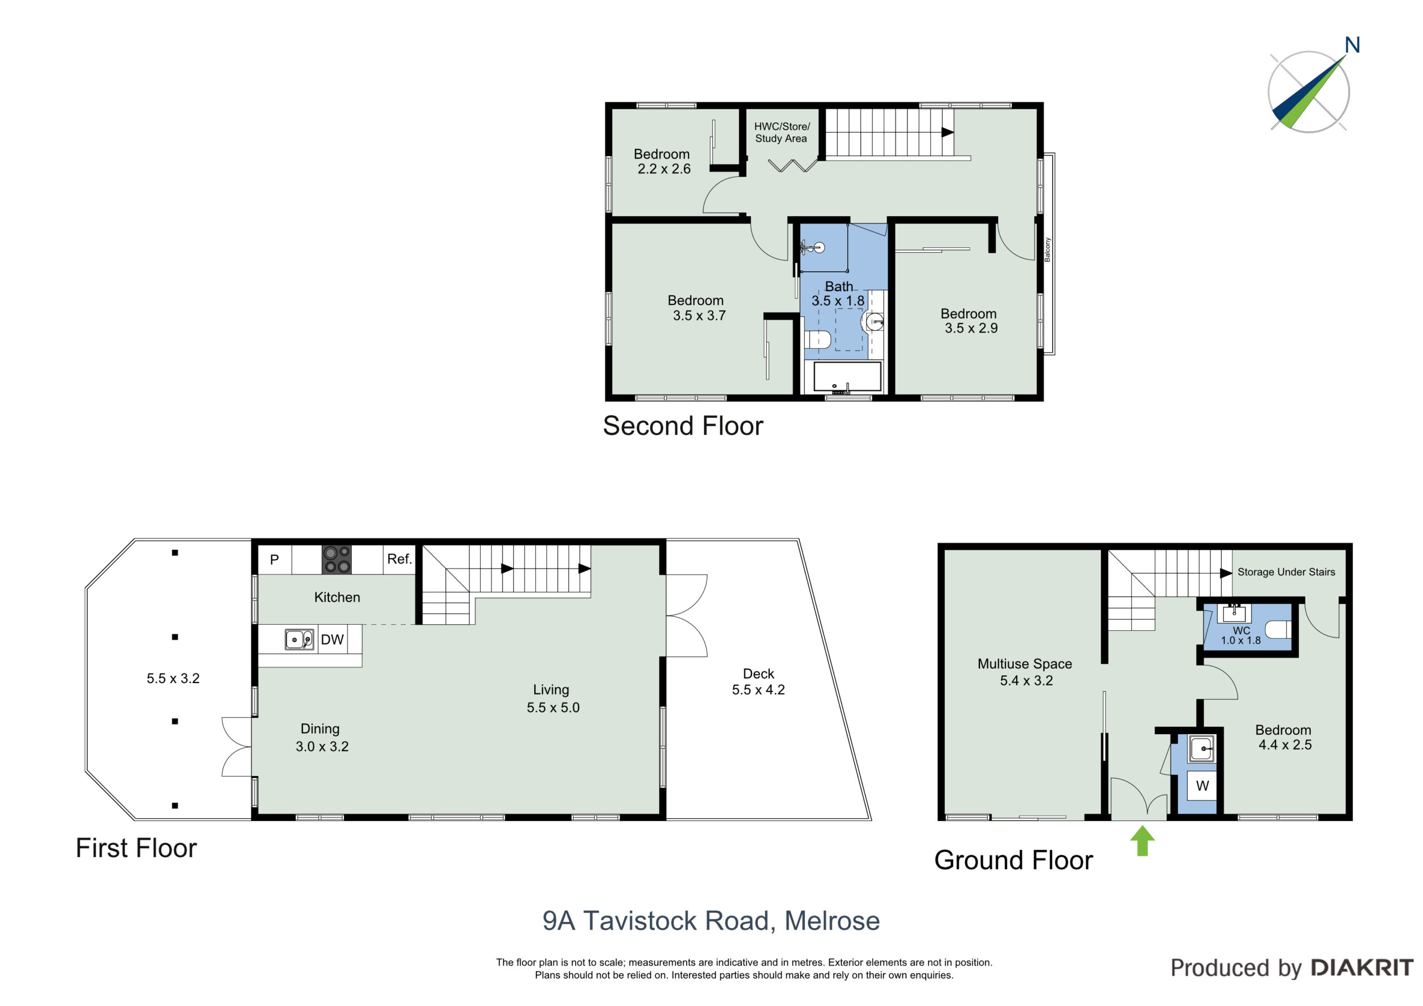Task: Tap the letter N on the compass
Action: pos(1352,45)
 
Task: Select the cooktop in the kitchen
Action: pos(336,559)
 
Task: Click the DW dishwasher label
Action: pos(332,640)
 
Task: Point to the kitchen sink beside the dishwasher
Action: pos(298,639)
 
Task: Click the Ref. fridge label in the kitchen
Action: pos(400,559)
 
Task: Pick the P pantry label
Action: pos(275,560)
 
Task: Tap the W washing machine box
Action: pos(1202,786)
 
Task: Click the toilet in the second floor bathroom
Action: pos(818,340)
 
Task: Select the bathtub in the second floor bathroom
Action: pos(847,377)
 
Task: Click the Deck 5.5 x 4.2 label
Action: pos(759,682)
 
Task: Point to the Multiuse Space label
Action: pos(1025,664)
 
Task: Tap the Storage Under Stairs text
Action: pos(1287,572)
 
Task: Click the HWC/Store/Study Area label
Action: pos(782,133)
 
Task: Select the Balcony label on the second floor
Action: pos(1047,249)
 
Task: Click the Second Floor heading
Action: pos(683,426)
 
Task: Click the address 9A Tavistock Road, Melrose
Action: pos(711,921)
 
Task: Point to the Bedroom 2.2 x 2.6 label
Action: pos(663,161)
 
